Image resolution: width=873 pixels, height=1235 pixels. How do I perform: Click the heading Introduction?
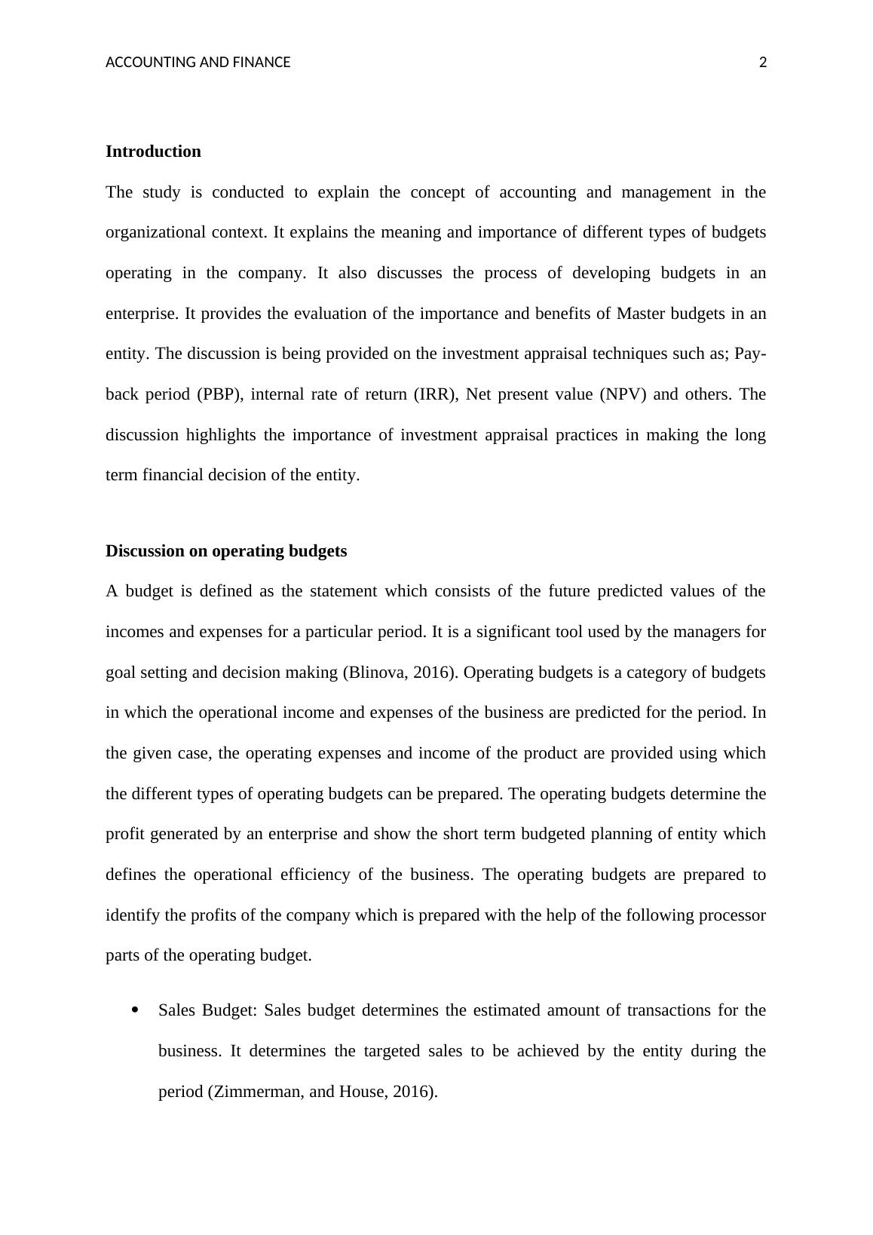pyautogui.click(x=153, y=152)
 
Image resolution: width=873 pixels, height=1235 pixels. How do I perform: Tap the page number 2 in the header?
pyautogui.click(x=762, y=63)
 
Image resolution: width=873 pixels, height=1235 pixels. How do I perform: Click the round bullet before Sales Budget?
pyautogui.click(x=135, y=1010)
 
